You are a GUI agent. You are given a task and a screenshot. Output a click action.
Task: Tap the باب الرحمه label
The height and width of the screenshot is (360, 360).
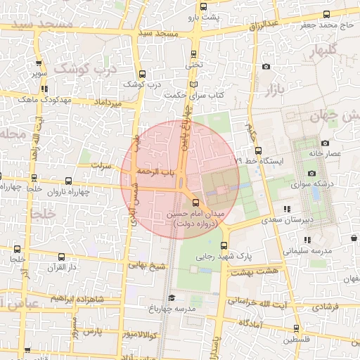click(x=156, y=171)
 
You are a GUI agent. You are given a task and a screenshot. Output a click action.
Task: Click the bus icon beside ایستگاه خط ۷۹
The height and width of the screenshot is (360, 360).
click(x=258, y=150)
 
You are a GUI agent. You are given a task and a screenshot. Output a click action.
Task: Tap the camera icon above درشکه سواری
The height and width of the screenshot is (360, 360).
click(x=311, y=173)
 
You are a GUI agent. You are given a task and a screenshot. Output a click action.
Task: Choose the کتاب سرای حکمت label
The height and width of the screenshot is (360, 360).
click(x=193, y=94)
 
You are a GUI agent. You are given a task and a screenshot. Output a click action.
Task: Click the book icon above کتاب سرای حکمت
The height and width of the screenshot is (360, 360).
click(x=194, y=84)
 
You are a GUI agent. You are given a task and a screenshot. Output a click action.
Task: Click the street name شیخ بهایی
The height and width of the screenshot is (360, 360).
click(x=147, y=266)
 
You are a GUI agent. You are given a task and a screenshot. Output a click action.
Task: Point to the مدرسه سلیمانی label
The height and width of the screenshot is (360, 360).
click(x=307, y=250)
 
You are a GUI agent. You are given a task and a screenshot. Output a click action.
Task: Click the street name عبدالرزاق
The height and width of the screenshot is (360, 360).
click(x=264, y=25)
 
